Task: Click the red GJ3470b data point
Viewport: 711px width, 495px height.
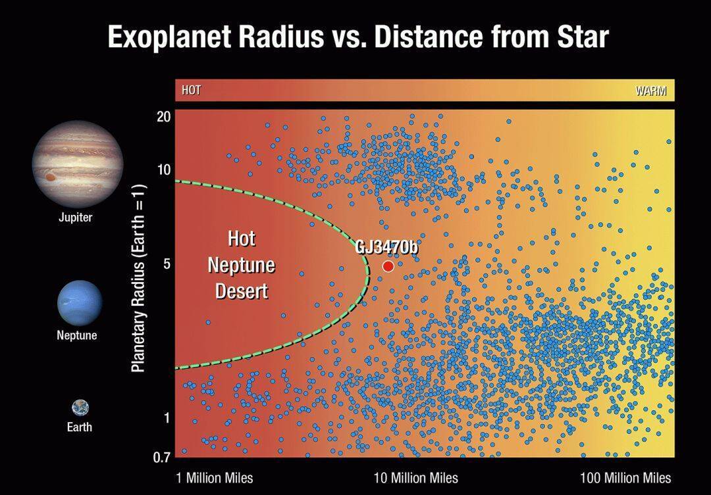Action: pos(388,266)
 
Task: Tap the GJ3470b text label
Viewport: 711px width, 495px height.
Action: pos(386,247)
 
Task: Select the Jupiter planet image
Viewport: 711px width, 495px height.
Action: pos(78,164)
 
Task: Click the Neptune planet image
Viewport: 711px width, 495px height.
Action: pos(80,303)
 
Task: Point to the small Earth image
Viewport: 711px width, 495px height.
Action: pos(80,408)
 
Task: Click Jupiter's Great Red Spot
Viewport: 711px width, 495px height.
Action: pos(50,177)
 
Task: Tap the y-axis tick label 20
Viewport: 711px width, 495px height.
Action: pos(164,117)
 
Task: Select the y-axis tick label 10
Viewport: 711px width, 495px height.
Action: pos(164,170)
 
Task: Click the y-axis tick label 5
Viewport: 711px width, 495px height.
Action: pos(167,264)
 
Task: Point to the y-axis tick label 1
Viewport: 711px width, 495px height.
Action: pos(167,417)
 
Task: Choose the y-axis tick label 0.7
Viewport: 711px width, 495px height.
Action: pos(162,458)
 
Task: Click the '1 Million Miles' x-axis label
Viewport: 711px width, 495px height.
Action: pos(215,478)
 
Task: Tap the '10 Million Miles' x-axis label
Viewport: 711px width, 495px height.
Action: pos(416,478)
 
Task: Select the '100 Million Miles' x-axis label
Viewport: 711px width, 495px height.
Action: pos(625,478)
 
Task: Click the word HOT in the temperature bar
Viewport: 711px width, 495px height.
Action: pos(192,90)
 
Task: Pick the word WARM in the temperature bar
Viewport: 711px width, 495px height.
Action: pos(650,91)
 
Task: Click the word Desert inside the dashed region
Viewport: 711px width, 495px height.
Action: pos(242,291)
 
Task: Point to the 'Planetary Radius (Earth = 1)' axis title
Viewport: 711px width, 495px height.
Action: pos(138,278)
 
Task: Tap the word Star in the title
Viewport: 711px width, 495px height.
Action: pos(583,36)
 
